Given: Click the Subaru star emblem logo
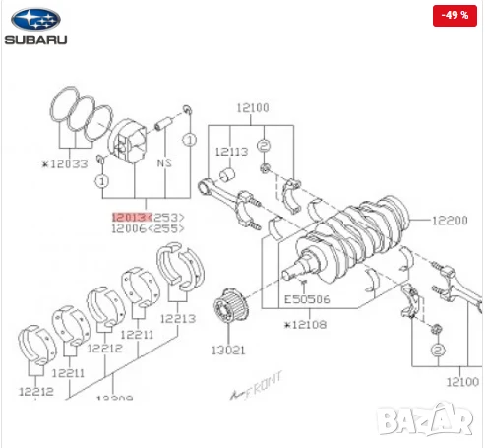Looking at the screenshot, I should click(35, 19).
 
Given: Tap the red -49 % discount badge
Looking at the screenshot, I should click(456, 16).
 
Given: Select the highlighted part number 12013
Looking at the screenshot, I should click(129, 216).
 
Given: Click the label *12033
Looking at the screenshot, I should click(65, 164).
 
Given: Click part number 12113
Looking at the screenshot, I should click(233, 152).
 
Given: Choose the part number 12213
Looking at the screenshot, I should click(179, 318).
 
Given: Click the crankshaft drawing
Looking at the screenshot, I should click(349, 236).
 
